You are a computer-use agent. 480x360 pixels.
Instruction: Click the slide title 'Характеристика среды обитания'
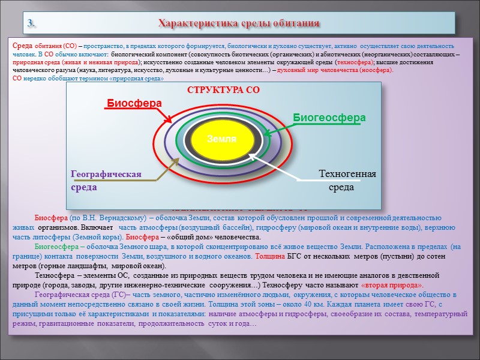[238, 23]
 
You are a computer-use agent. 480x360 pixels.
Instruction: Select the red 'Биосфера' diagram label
[134, 103]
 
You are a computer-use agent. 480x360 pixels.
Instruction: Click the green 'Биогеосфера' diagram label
[329, 118]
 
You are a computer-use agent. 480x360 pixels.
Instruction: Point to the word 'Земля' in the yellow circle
[222, 139]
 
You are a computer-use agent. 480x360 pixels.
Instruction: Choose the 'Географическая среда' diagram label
[106, 181]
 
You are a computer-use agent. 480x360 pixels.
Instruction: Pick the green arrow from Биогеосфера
[277, 127]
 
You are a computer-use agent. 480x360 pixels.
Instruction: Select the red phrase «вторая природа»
[392, 285]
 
